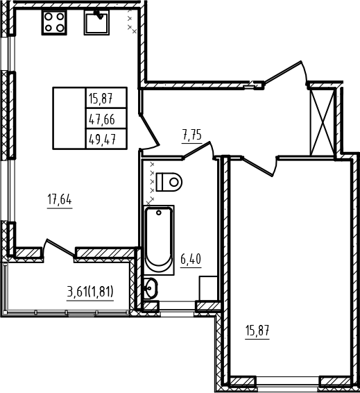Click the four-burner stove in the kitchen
click(x=54, y=22)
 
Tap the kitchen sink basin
click(x=96, y=22)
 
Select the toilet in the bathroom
click(x=169, y=182)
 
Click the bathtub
click(x=159, y=240)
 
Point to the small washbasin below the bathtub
click(x=151, y=288)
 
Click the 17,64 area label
click(x=60, y=200)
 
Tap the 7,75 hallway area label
click(x=192, y=135)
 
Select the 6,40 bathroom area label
click(x=191, y=259)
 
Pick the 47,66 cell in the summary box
click(x=106, y=119)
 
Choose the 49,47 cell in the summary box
click(x=106, y=139)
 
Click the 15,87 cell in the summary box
click(x=106, y=98)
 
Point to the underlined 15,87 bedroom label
click(x=257, y=331)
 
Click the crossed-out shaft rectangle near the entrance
click(x=323, y=123)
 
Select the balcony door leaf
click(x=60, y=247)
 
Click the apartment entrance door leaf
click(x=283, y=72)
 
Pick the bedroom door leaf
click(x=258, y=167)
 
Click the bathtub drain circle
click(x=158, y=212)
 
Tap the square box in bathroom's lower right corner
click(x=208, y=288)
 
